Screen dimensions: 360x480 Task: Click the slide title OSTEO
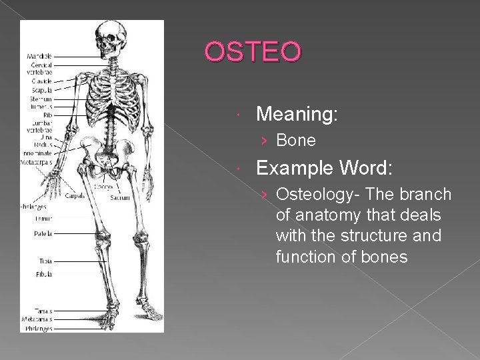(x=253, y=51)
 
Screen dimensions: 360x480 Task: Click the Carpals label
(x=74, y=196)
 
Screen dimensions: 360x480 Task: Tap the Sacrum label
(x=120, y=197)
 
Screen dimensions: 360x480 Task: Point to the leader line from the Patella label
(x=73, y=234)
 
